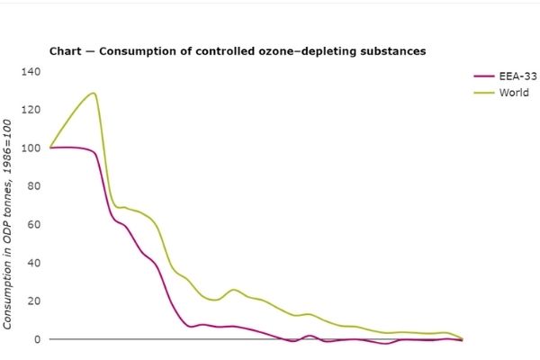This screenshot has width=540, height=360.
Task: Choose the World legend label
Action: (x=514, y=92)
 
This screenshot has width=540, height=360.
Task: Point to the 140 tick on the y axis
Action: (x=31, y=71)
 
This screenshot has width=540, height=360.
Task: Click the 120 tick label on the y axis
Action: (x=31, y=110)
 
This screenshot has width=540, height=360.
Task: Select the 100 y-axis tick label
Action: (x=31, y=148)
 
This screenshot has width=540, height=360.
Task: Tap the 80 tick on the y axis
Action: (x=34, y=186)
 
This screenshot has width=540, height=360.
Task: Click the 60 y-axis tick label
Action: (x=34, y=224)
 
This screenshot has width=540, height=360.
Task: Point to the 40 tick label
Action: (x=34, y=263)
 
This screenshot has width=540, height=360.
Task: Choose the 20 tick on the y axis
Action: (x=34, y=301)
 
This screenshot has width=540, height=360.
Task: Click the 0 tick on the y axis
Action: (x=37, y=339)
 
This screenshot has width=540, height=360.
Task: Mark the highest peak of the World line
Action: (x=93, y=93)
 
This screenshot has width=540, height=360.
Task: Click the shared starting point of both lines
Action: (x=50, y=148)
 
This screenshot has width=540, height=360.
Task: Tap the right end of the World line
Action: (x=463, y=338)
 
